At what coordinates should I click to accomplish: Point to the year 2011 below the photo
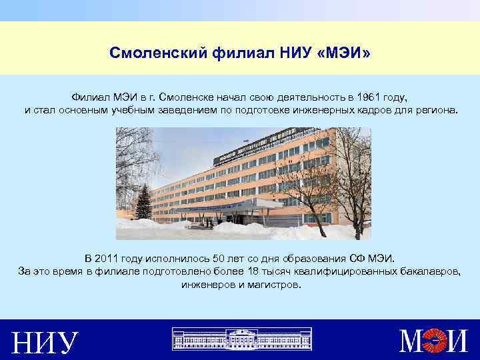tap(108, 258)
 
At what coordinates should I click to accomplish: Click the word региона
tap(437, 109)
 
